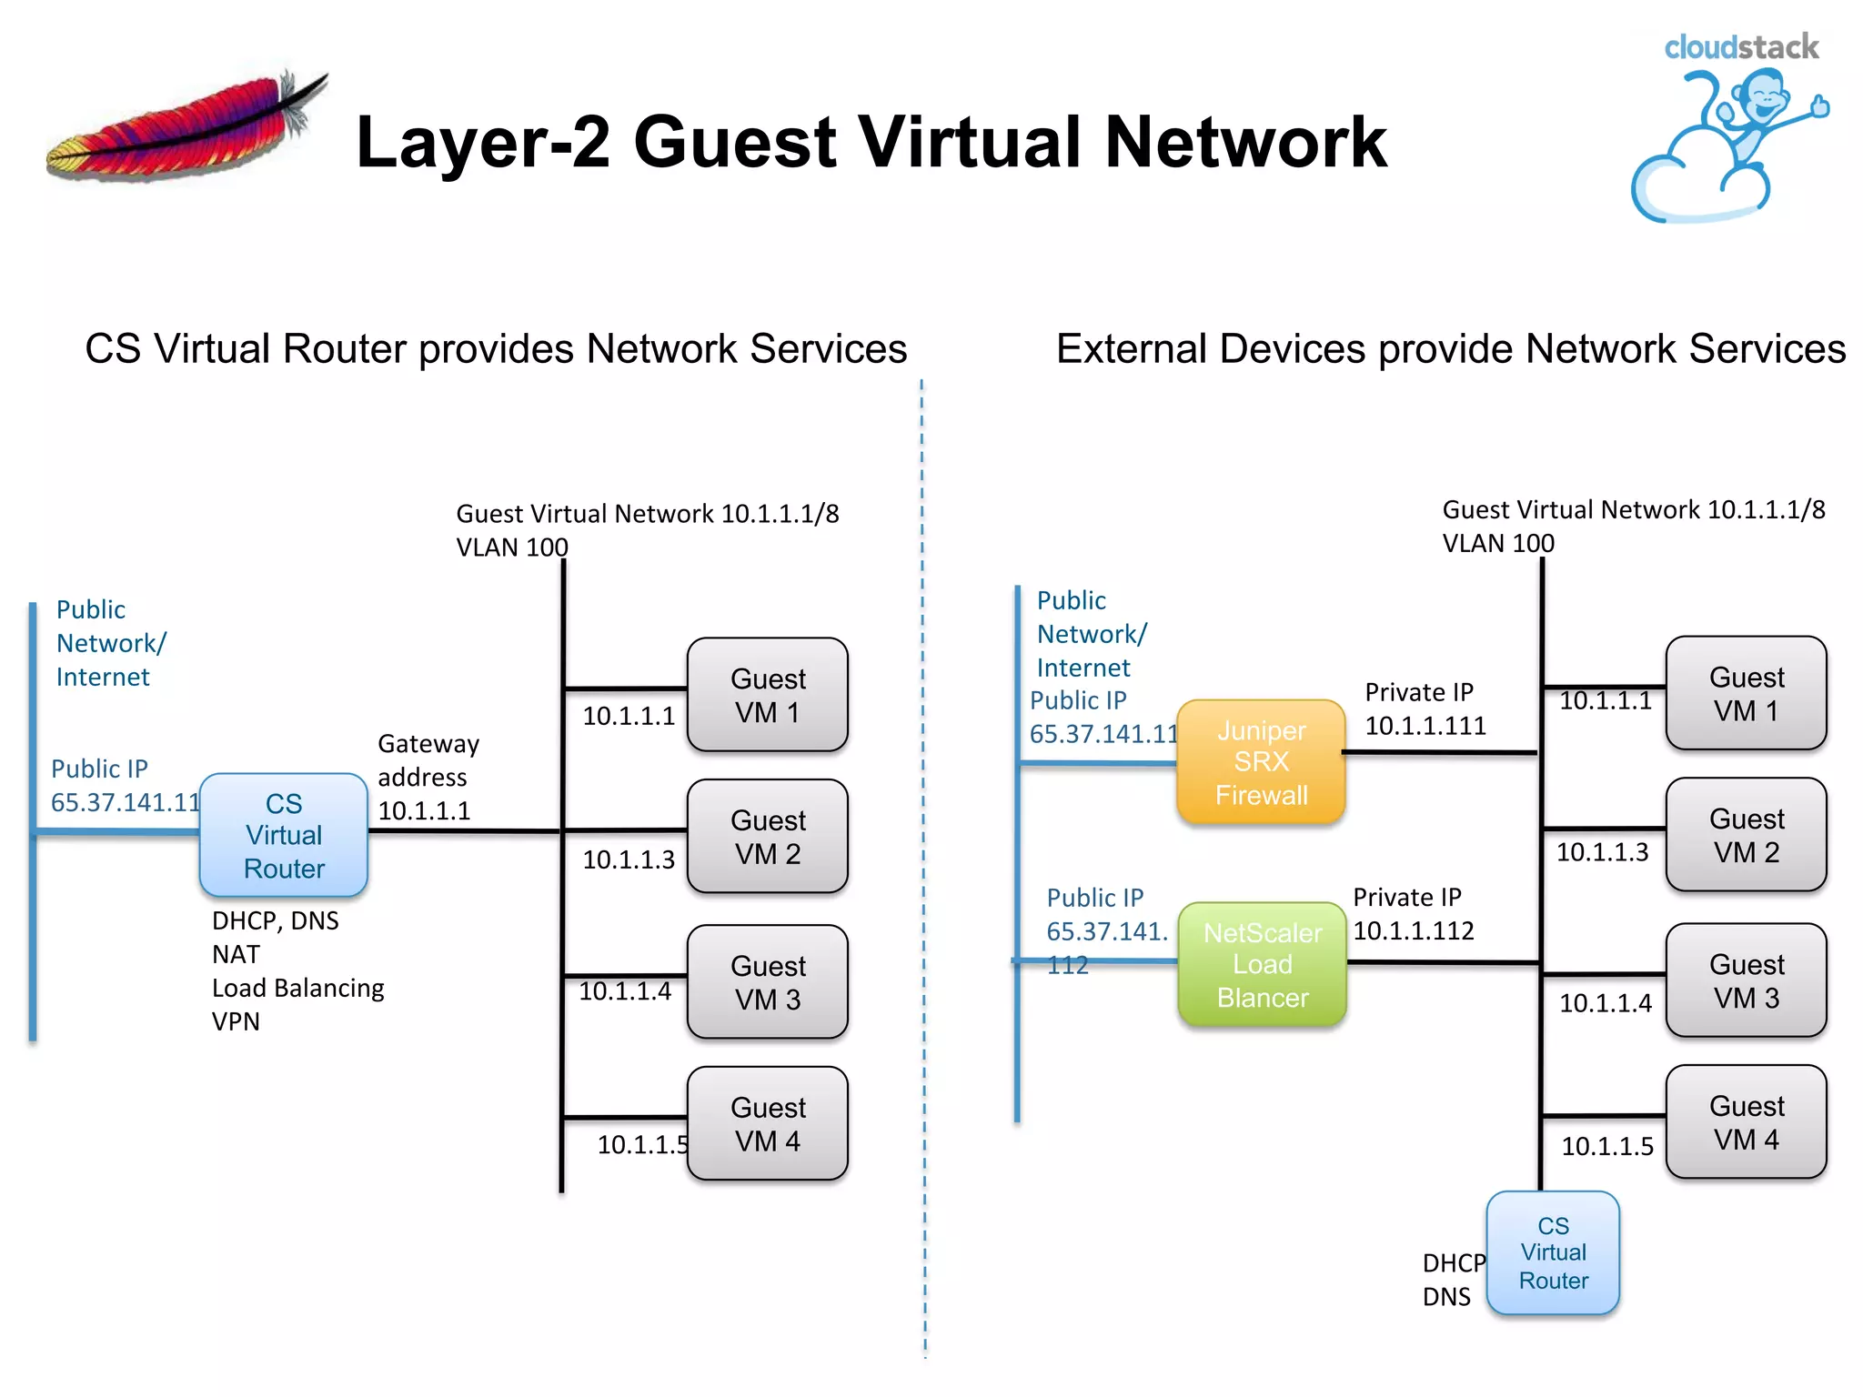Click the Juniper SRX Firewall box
click(1261, 762)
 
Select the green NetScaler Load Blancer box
click(1262, 964)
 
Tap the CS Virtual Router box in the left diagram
click(284, 835)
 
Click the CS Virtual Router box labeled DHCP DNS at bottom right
click(1553, 1252)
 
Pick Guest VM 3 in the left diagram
click(768, 982)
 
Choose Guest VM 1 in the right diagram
click(1746, 693)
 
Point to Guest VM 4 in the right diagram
click(1746, 1122)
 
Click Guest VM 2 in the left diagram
click(768, 837)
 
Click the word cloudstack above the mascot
click(1740, 47)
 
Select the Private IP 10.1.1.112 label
click(1413, 914)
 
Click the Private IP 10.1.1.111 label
click(1425, 709)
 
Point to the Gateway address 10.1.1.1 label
click(428, 778)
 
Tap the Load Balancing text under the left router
click(297, 988)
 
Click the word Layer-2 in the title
click(482, 142)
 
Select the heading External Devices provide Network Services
click(1450, 349)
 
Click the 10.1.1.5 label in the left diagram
click(641, 1144)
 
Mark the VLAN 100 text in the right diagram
click(1497, 544)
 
